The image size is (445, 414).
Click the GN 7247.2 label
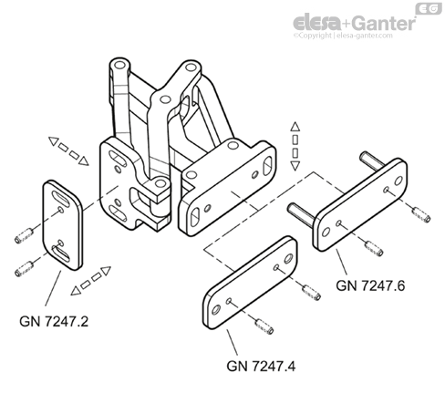click(54, 321)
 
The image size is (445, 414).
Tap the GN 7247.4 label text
click(261, 366)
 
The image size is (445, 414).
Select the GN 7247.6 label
click(370, 285)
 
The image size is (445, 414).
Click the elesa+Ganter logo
click(355, 23)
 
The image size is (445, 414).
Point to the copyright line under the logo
click(343, 36)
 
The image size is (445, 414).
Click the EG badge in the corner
click(429, 8)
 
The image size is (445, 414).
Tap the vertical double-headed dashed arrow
click(295, 146)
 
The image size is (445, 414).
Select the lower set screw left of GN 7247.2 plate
click(25, 269)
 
